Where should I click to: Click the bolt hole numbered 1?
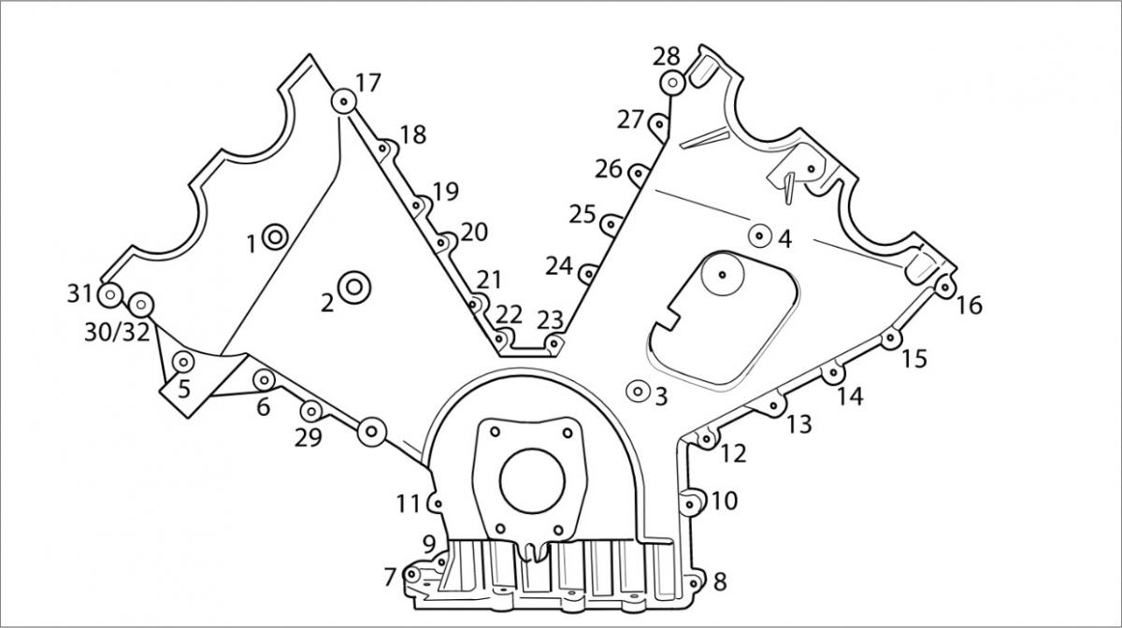point(274,237)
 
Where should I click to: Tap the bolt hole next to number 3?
point(639,391)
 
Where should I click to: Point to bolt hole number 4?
point(759,235)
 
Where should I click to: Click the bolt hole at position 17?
point(344,101)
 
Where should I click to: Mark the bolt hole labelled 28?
point(672,83)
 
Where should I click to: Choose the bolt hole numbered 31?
point(110,295)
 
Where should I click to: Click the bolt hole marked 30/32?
point(140,304)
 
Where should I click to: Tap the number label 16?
point(970,305)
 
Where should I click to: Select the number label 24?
point(559,266)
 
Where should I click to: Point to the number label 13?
point(798,424)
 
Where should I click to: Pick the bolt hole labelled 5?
point(184,362)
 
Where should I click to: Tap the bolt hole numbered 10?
point(692,505)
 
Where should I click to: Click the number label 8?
point(719,581)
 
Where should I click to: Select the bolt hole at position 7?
point(411,573)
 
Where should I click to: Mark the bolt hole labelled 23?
point(554,344)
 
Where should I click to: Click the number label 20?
point(474,232)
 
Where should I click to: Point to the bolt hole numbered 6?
point(265,378)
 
